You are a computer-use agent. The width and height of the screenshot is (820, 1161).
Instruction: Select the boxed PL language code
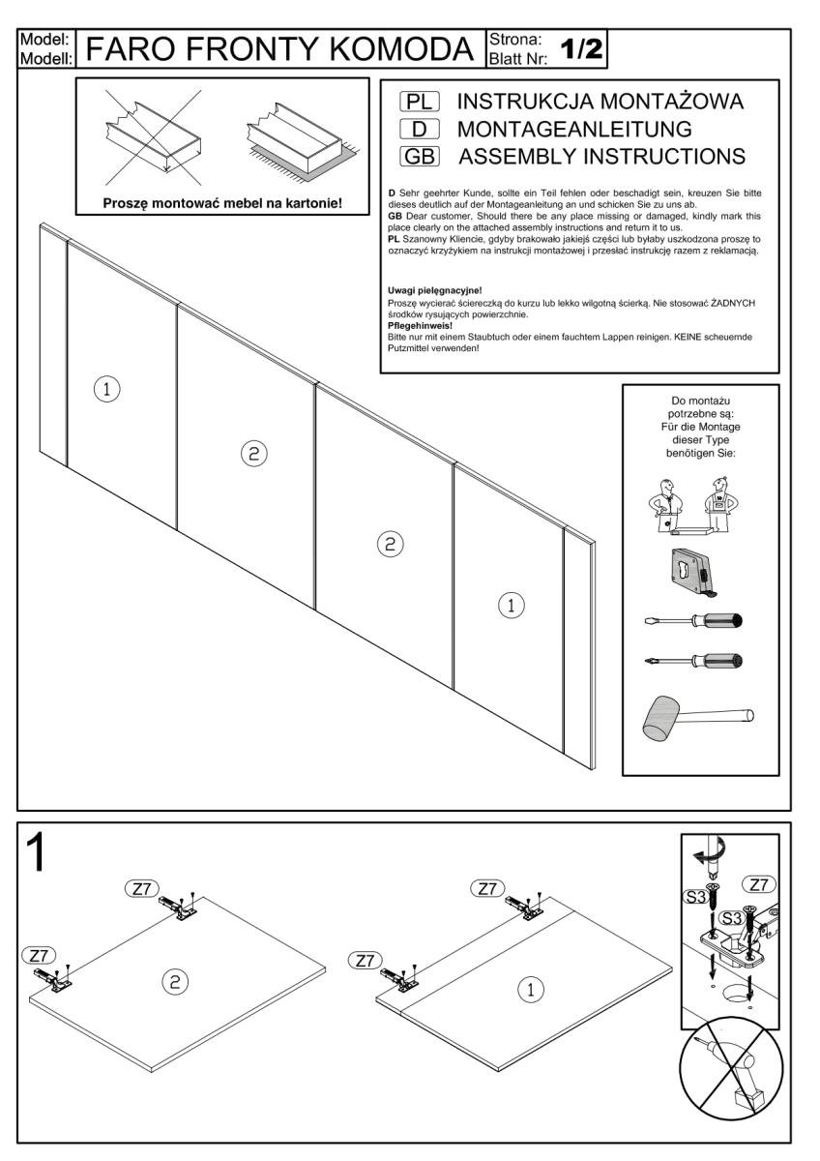420,102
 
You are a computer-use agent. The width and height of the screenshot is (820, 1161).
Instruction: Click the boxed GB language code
420,156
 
